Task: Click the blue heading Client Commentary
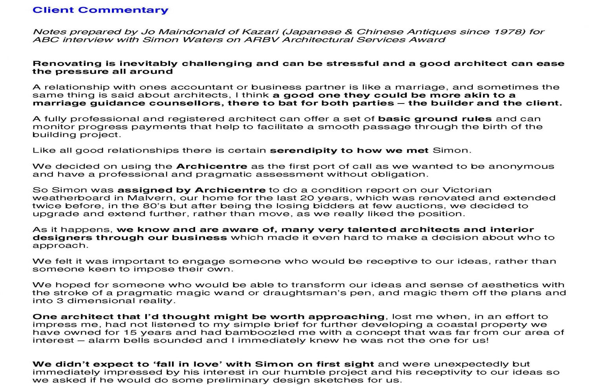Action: click(x=101, y=10)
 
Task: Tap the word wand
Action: click(x=246, y=293)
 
